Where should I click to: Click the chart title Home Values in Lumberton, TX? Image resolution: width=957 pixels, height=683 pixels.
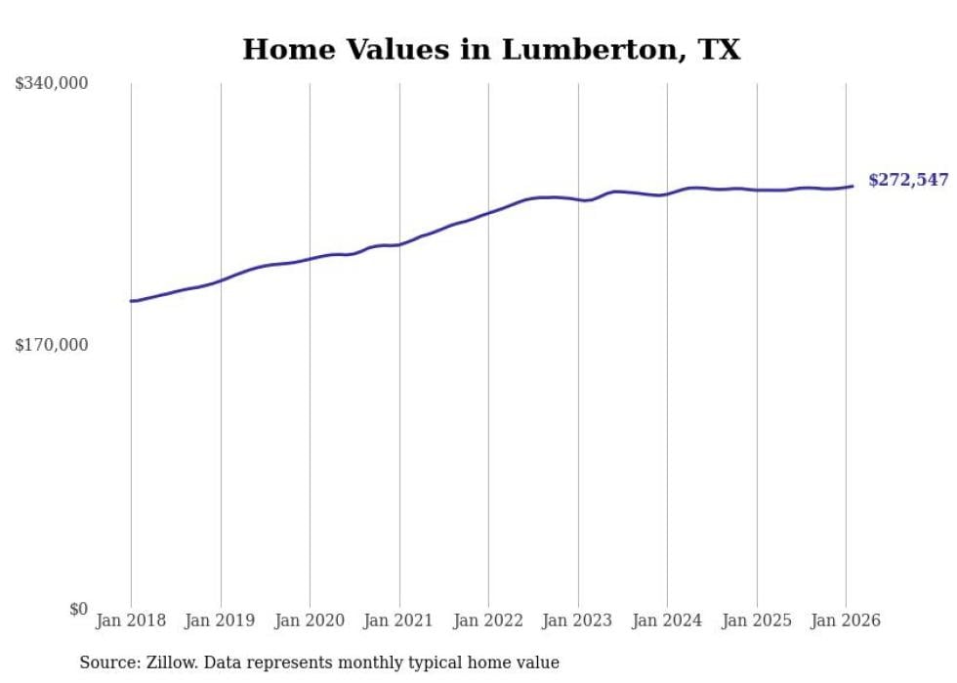[491, 50]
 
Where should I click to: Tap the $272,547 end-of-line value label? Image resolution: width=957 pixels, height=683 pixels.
[908, 180]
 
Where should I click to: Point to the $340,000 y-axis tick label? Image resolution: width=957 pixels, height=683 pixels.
[52, 84]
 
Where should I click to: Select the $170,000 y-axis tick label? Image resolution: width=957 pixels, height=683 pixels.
[52, 345]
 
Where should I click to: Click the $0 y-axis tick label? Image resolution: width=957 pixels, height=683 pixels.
[78, 609]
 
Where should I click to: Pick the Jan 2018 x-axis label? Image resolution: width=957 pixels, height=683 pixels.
[131, 620]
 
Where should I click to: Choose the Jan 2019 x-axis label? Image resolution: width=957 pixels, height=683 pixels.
[221, 620]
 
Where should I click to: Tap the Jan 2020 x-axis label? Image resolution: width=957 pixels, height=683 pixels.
[310, 620]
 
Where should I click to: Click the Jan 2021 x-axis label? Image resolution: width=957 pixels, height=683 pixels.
[399, 620]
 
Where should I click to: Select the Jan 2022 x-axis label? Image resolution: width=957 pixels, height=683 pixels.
[488, 620]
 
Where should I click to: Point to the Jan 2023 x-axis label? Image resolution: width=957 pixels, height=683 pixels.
[578, 620]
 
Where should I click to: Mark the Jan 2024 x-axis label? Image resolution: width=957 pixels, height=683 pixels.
[667, 620]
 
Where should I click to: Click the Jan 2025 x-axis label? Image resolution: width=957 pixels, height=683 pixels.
[757, 620]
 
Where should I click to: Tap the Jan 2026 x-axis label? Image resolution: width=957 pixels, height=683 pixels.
[846, 620]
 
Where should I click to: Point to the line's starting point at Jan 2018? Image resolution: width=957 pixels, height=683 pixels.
[131, 301]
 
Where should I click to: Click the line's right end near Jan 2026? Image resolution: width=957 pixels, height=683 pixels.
[853, 186]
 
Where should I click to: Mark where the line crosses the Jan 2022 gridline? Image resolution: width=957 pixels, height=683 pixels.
[488, 212]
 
